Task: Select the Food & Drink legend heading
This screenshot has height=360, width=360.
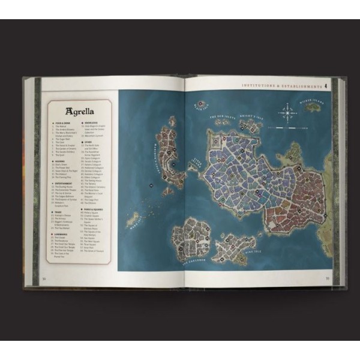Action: point(61,123)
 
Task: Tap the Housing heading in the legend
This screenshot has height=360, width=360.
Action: point(59,160)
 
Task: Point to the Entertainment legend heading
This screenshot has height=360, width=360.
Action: point(64,183)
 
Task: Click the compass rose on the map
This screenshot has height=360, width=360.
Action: point(289,111)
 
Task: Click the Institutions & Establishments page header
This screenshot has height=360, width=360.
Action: point(281,85)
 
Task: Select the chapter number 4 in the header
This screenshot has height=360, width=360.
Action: point(325,85)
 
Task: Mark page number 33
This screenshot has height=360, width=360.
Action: point(327,278)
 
